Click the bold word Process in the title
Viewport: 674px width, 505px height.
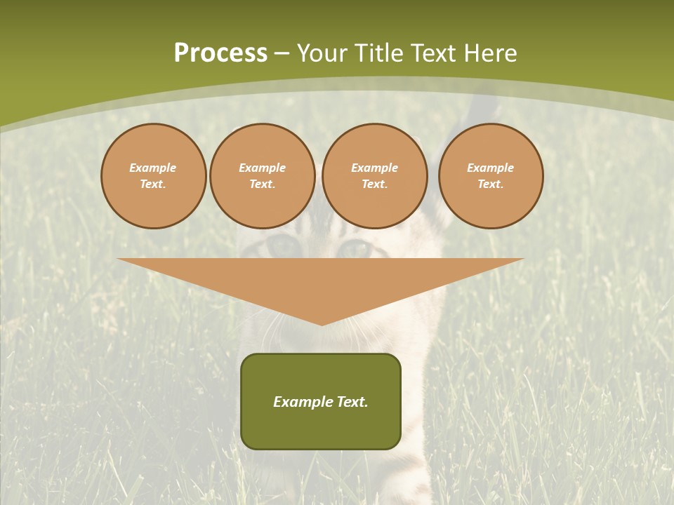[x=220, y=53]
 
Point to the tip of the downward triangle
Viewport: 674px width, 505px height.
[x=322, y=323]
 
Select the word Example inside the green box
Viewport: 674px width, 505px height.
[x=303, y=402]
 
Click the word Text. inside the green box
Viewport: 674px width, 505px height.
[x=352, y=402]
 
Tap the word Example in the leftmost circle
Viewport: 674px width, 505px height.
[x=153, y=168]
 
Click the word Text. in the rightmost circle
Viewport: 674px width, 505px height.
[x=491, y=184]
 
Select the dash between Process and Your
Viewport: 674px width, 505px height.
[x=282, y=53]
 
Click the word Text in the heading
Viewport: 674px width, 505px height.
[x=433, y=53]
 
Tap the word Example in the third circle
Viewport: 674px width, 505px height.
[x=374, y=168]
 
